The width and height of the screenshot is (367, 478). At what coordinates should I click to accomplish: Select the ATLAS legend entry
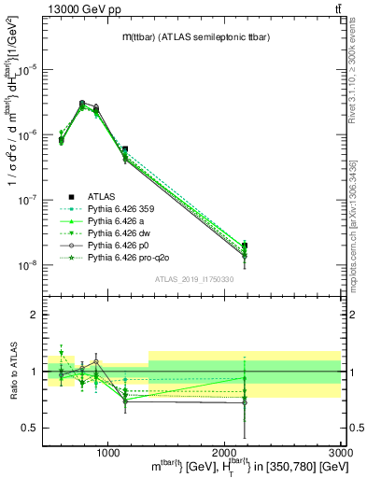pyautogui.click(x=102, y=197)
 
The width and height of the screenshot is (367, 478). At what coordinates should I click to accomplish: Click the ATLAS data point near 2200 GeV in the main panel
pyautogui.click(x=245, y=246)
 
